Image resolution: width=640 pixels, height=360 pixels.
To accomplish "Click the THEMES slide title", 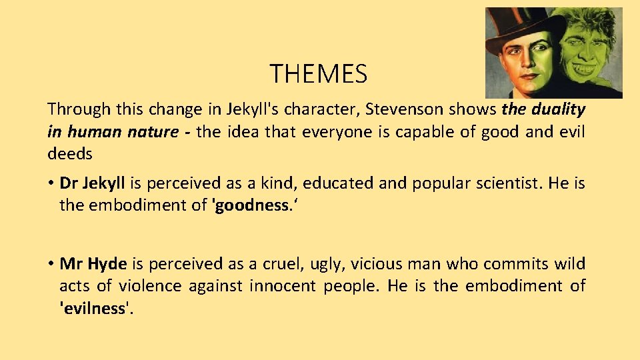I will (318, 73).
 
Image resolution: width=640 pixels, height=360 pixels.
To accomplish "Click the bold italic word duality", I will (557, 109).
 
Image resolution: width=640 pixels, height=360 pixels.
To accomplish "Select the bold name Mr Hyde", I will (93, 264).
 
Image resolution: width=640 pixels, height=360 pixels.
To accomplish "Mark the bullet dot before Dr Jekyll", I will (51, 184).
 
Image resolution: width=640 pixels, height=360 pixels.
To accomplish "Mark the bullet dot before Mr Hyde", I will (51, 265).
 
